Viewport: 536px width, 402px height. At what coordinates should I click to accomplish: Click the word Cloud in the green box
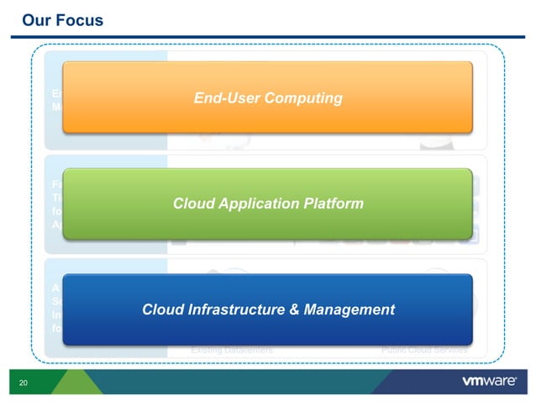pyautogui.click(x=194, y=204)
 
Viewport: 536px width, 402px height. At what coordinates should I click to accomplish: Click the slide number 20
pyautogui.click(x=24, y=383)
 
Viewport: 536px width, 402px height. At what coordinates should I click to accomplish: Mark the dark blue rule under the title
pyautogui.click(x=268, y=36)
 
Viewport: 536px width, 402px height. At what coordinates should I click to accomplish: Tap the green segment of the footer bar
pyautogui.click(x=76, y=383)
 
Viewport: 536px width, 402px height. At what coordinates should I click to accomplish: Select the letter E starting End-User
pyautogui.click(x=198, y=98)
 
